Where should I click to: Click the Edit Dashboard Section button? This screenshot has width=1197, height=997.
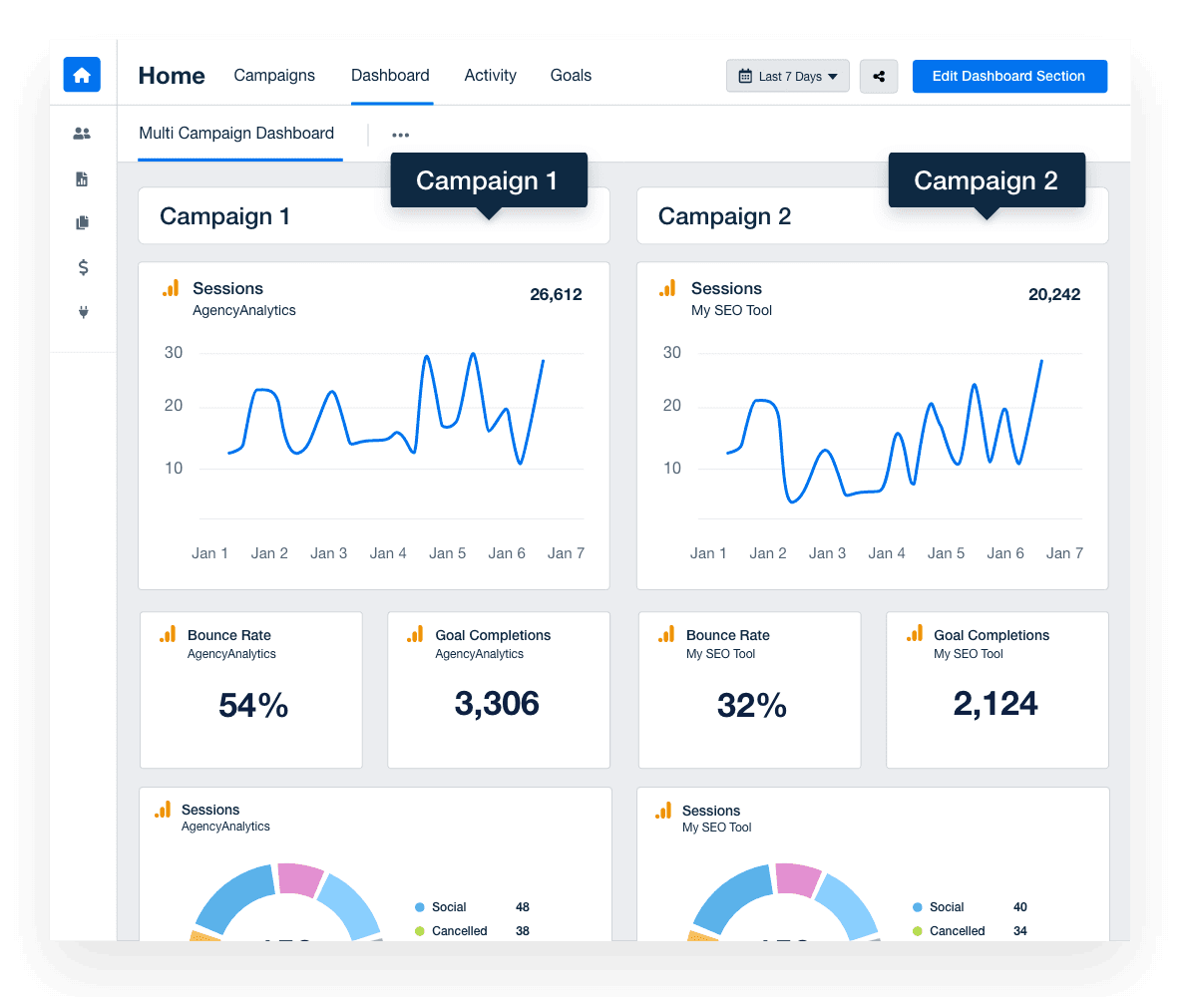point(1008,77)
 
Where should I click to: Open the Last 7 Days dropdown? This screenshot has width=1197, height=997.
point(787,77)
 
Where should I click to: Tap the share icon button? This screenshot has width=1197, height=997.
point(878,77)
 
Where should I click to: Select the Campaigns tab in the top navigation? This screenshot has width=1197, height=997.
point(274,76)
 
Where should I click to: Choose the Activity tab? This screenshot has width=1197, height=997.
point(490,76)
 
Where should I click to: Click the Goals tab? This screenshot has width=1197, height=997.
point(571,76)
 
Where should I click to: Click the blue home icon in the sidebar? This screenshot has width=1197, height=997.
point(82,75)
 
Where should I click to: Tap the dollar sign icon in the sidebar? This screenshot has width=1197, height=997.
point(83,267)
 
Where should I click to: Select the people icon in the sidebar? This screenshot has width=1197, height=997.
point(82,134)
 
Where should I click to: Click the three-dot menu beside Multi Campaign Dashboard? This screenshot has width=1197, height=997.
point(400,136)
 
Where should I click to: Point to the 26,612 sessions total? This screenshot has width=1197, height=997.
point(556,294)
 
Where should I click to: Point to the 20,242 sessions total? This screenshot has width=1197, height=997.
point(1053,294)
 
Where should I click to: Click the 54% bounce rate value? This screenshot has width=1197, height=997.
point(253,706)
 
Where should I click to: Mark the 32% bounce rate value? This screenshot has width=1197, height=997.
point(751,706)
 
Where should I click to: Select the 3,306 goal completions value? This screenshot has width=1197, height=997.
point(497,704)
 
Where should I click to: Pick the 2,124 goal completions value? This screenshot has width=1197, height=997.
point(996,704)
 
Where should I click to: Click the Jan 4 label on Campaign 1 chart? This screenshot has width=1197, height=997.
point(388,553)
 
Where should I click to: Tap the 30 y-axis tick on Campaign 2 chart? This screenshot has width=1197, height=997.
point(671,353)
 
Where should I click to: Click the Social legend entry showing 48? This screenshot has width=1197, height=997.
point(450,907)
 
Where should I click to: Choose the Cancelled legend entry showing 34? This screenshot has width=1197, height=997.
point(957,931)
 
